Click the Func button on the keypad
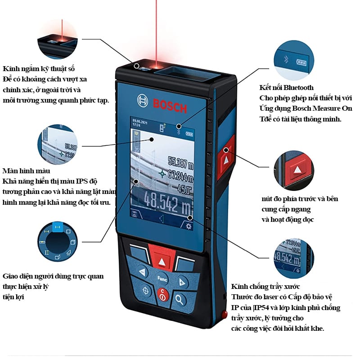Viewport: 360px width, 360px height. coord(162,277)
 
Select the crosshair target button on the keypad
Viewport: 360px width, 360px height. coord(145,290)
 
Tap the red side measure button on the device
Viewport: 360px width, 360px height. coord(225,157)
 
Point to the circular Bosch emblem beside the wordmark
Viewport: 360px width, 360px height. coord(143,101)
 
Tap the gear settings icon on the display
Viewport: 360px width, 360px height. coord(188,226)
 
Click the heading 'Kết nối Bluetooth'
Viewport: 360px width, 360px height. coord(286,87)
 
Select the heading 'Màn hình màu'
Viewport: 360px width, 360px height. coord(26,171)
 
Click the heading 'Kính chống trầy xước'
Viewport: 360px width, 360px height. coord(265,287)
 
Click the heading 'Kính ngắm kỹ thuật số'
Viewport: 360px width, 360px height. coord(39,69)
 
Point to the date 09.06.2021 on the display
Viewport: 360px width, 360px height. coord(139,121)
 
